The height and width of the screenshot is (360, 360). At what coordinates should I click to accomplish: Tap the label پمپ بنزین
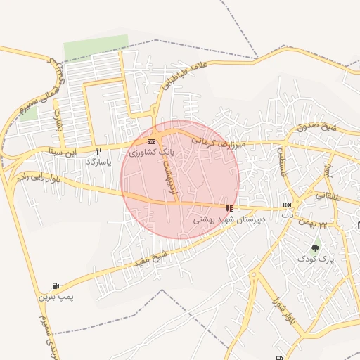(x=56, y=297)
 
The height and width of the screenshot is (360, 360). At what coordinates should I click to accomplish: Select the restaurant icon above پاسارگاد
(x=99, y=150)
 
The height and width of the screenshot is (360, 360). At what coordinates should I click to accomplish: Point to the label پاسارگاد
(x=99, y=162)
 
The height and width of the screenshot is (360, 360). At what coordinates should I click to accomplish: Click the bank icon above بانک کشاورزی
(x=152, y=141)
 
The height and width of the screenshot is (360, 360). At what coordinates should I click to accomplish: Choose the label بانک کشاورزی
(x=150, y=152)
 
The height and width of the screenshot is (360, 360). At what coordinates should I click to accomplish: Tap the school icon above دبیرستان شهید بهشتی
(x=229, y=208)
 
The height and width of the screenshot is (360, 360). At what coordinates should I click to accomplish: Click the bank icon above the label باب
(x=287, y=205)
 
